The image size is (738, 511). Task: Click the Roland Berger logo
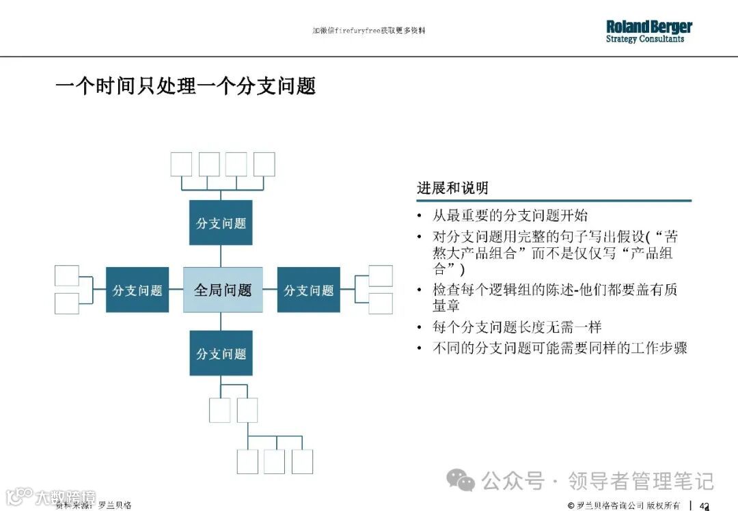click(648, 31)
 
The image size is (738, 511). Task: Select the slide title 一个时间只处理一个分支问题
click(185, 86)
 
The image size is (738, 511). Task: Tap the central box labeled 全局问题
click(223, 290)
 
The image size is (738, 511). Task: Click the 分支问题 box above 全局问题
click(221, 223)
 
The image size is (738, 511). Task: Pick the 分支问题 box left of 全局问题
click(137, 290)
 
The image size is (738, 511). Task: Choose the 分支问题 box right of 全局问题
click(308, 290)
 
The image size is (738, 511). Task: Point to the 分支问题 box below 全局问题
click(221, 353)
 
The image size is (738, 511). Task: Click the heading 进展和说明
click(452, 188)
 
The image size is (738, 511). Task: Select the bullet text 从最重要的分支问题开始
click(510, 216)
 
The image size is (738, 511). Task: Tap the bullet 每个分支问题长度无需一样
click(517, 327)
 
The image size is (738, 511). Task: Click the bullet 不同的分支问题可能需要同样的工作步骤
click(560, 348)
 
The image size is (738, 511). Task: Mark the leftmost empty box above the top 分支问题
click(181, 164)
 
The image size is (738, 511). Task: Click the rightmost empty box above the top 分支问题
click(264, 164)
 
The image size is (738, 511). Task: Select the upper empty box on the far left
click(67, 275)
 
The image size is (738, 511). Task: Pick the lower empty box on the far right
click(381, 303)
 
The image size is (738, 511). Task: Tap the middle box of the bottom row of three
click(274, 461)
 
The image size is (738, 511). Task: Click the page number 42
click(705, 505)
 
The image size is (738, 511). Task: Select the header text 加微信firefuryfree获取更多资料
click(368, 31)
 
